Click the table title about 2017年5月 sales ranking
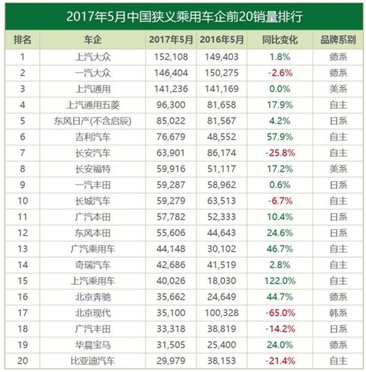[x=184, y=17]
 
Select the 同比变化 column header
[x=279, y=40]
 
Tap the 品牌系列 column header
[x=338, y=40]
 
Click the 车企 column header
[x=93, y=40]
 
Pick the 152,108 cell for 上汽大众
[x=171, y=57]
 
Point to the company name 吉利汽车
[x=93, y=137]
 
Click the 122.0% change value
[x=280, y=281]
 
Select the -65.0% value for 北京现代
[x=280, y=313]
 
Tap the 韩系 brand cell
[x=338, y=313]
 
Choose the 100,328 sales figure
[x=222, y=313]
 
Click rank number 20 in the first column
[x=22, y=361]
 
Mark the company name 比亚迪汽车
[x=93, y=361]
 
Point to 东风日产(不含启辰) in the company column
[x=92, y=121]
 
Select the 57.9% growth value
[x=280, y=137]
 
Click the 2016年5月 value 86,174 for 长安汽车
[x=222, y=153]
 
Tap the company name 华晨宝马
[x=93, y=345]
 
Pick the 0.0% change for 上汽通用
[x=279, y=89]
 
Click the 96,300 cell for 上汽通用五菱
[x=171, y=105]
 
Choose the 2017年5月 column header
[x=171, y=40]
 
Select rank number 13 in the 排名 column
[x=22, y=249]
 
